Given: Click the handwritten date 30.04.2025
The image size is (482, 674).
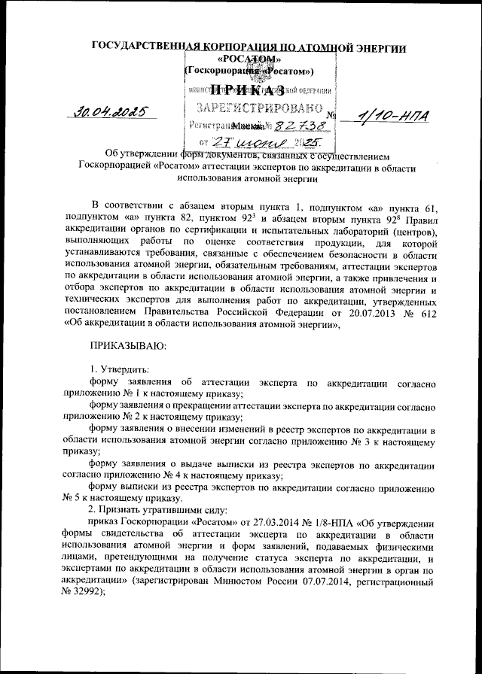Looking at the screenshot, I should click(x=111, y=113).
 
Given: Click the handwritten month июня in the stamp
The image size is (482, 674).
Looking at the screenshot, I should click(x=264, y=141).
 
